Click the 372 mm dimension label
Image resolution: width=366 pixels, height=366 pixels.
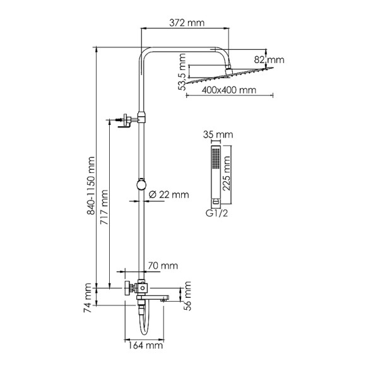pyautogui.click(x=187, y=23)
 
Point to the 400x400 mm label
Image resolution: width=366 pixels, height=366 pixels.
pyautogui.click(x=230, y=90)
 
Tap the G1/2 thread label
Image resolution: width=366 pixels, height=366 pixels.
pyautogui.click(x=215, y=213)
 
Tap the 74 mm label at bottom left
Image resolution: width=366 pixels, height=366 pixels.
pyautogui.click(x=88, y=298)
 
